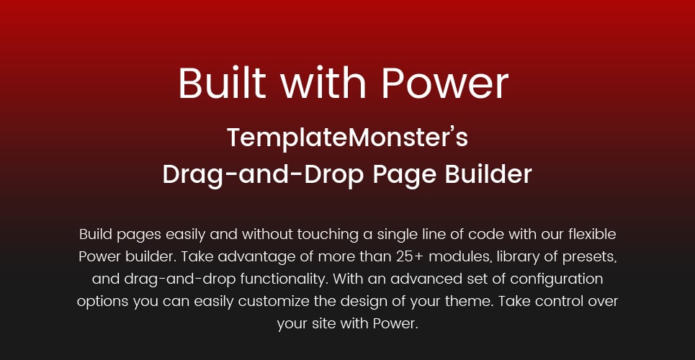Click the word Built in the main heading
click(x=223, y=83)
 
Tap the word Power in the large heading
click(x=444, y=83)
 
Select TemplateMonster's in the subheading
click(x=347, y=138)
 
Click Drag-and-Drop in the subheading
click(x=264, y=175)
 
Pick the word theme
click(x=471, y=302)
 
